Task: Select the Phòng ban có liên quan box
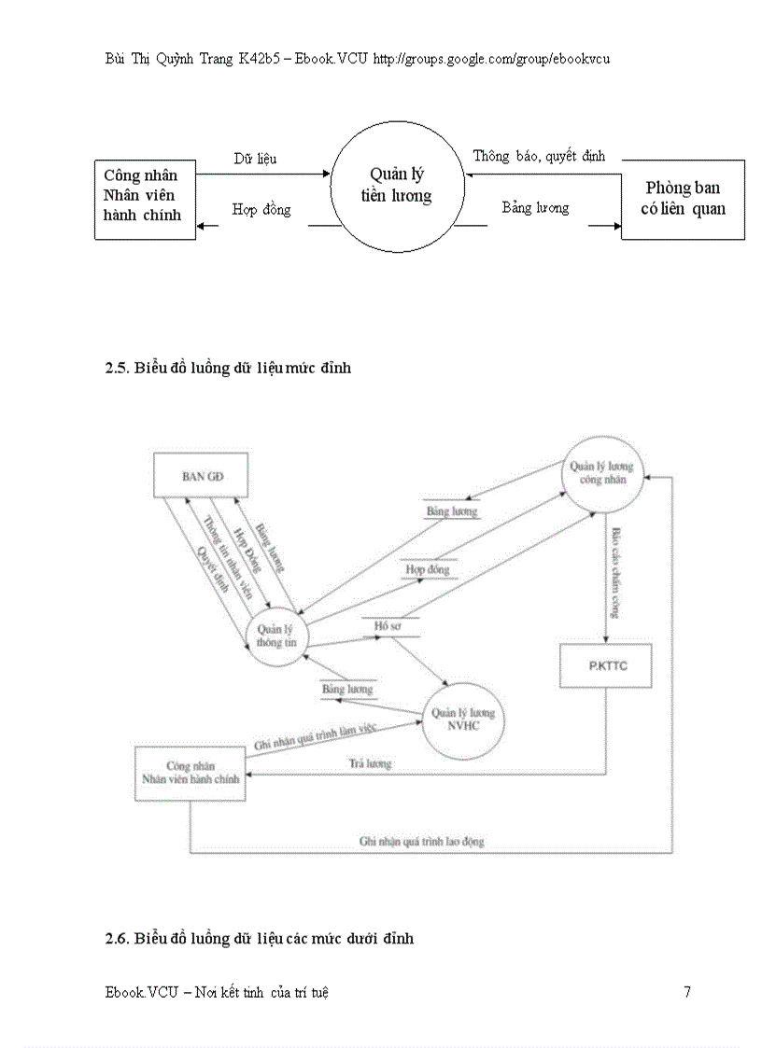pos(683,199)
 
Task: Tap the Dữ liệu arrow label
pos(255,159)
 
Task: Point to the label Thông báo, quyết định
pos(539,156)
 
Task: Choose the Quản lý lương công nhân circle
pos(600,473)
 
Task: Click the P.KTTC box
pos(605,665)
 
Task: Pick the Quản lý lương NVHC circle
pos(462,720)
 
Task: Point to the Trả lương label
pos(371,763)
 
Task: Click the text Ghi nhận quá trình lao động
pos(422,841)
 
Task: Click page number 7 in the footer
pos(687,992)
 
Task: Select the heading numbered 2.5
pos(229,368)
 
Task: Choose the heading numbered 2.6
pos(260,938)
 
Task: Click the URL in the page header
pos(491,58)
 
